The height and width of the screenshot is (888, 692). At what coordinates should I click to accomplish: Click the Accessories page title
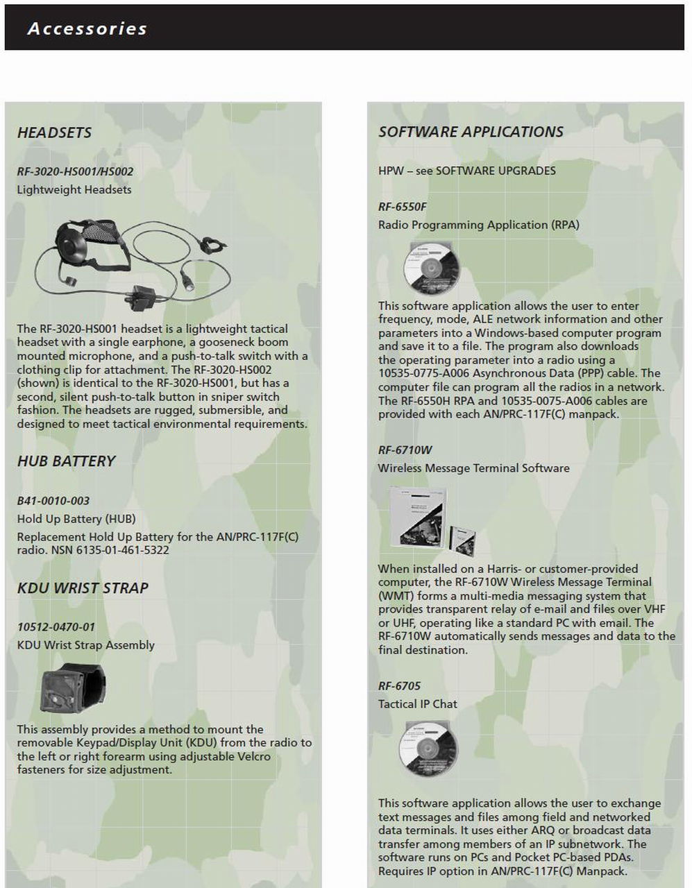[87, 28]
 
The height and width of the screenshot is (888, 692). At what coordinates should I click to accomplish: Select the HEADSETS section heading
[54, 133]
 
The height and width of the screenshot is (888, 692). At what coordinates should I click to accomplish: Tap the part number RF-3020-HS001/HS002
[75, 171]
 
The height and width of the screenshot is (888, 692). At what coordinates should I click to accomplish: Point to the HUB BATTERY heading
[66, 461]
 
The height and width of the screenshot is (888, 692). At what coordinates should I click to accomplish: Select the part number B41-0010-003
[53, 500]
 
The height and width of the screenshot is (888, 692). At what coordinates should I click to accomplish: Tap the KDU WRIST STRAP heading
[83, 588]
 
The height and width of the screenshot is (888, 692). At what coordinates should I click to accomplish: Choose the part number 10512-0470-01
[56, 627]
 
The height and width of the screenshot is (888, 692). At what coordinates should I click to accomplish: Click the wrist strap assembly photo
[72, 689]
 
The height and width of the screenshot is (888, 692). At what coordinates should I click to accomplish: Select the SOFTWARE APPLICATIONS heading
[471, 132]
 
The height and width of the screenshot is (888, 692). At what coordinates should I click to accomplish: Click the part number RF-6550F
[403, 207]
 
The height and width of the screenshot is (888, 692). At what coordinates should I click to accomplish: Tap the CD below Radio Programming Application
[431, 268]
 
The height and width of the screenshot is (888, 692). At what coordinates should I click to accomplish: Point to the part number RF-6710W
[405, 450]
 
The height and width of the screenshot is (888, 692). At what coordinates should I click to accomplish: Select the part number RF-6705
[399, 686]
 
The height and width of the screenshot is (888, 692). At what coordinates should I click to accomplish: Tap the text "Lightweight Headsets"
[74, 189]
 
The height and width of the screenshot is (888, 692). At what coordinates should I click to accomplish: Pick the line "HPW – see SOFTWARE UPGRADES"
[466, 171]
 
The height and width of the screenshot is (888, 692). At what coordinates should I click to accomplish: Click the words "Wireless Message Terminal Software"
[473, 468]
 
